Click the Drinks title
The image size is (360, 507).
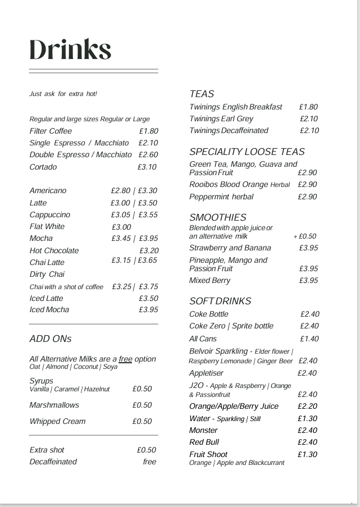pos(70,49)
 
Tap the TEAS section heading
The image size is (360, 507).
pos(202,94)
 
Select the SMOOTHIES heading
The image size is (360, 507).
pos(218,217)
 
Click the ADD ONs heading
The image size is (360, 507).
pos(51,339)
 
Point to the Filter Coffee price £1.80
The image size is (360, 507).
pos(149,131)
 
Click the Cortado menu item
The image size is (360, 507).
pos(43,167)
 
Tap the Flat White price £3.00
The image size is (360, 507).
pos(121,227)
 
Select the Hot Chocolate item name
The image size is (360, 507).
pos(54,250)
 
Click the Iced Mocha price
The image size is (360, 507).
pos(148,309)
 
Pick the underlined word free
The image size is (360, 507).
pos(125,359)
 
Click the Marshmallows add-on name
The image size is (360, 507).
pos(54,405)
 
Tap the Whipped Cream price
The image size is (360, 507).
pos(142,421)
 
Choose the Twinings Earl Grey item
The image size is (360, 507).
pos(221,118)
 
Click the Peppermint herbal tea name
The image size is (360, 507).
pos(221,197)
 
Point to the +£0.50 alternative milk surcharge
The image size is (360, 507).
pos(305,236)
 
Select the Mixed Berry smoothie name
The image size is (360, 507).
pos(209,280)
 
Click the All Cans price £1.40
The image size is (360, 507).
pos(309,339)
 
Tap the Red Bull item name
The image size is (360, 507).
pos(204,442)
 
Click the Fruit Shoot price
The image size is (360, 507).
pos(307,454)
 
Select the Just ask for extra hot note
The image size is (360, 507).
pos(63,94)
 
